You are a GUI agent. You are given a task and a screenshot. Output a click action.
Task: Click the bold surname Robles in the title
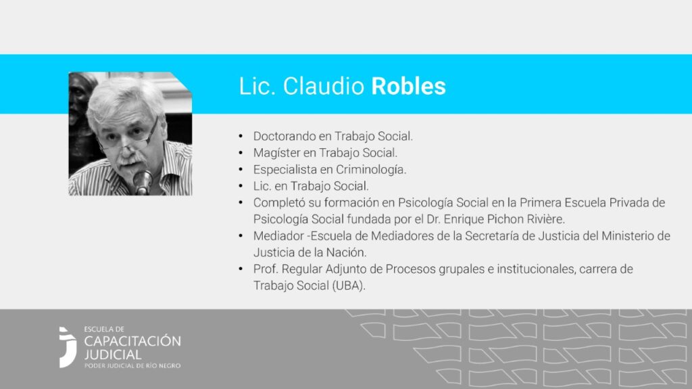coord(408,86)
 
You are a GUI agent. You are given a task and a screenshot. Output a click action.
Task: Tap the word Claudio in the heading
coord(324,86)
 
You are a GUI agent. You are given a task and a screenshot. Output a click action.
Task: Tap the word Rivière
coord(545,219)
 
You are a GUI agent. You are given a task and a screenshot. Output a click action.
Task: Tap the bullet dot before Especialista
coord(241,170)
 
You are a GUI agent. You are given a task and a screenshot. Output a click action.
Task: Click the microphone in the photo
coord(142,181)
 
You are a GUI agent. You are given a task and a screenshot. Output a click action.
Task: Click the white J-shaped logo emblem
coord(68,348)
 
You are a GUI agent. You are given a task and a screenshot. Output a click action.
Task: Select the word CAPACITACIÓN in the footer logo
coord(132,341)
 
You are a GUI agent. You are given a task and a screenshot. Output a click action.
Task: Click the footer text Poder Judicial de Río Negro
coord(132,366)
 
